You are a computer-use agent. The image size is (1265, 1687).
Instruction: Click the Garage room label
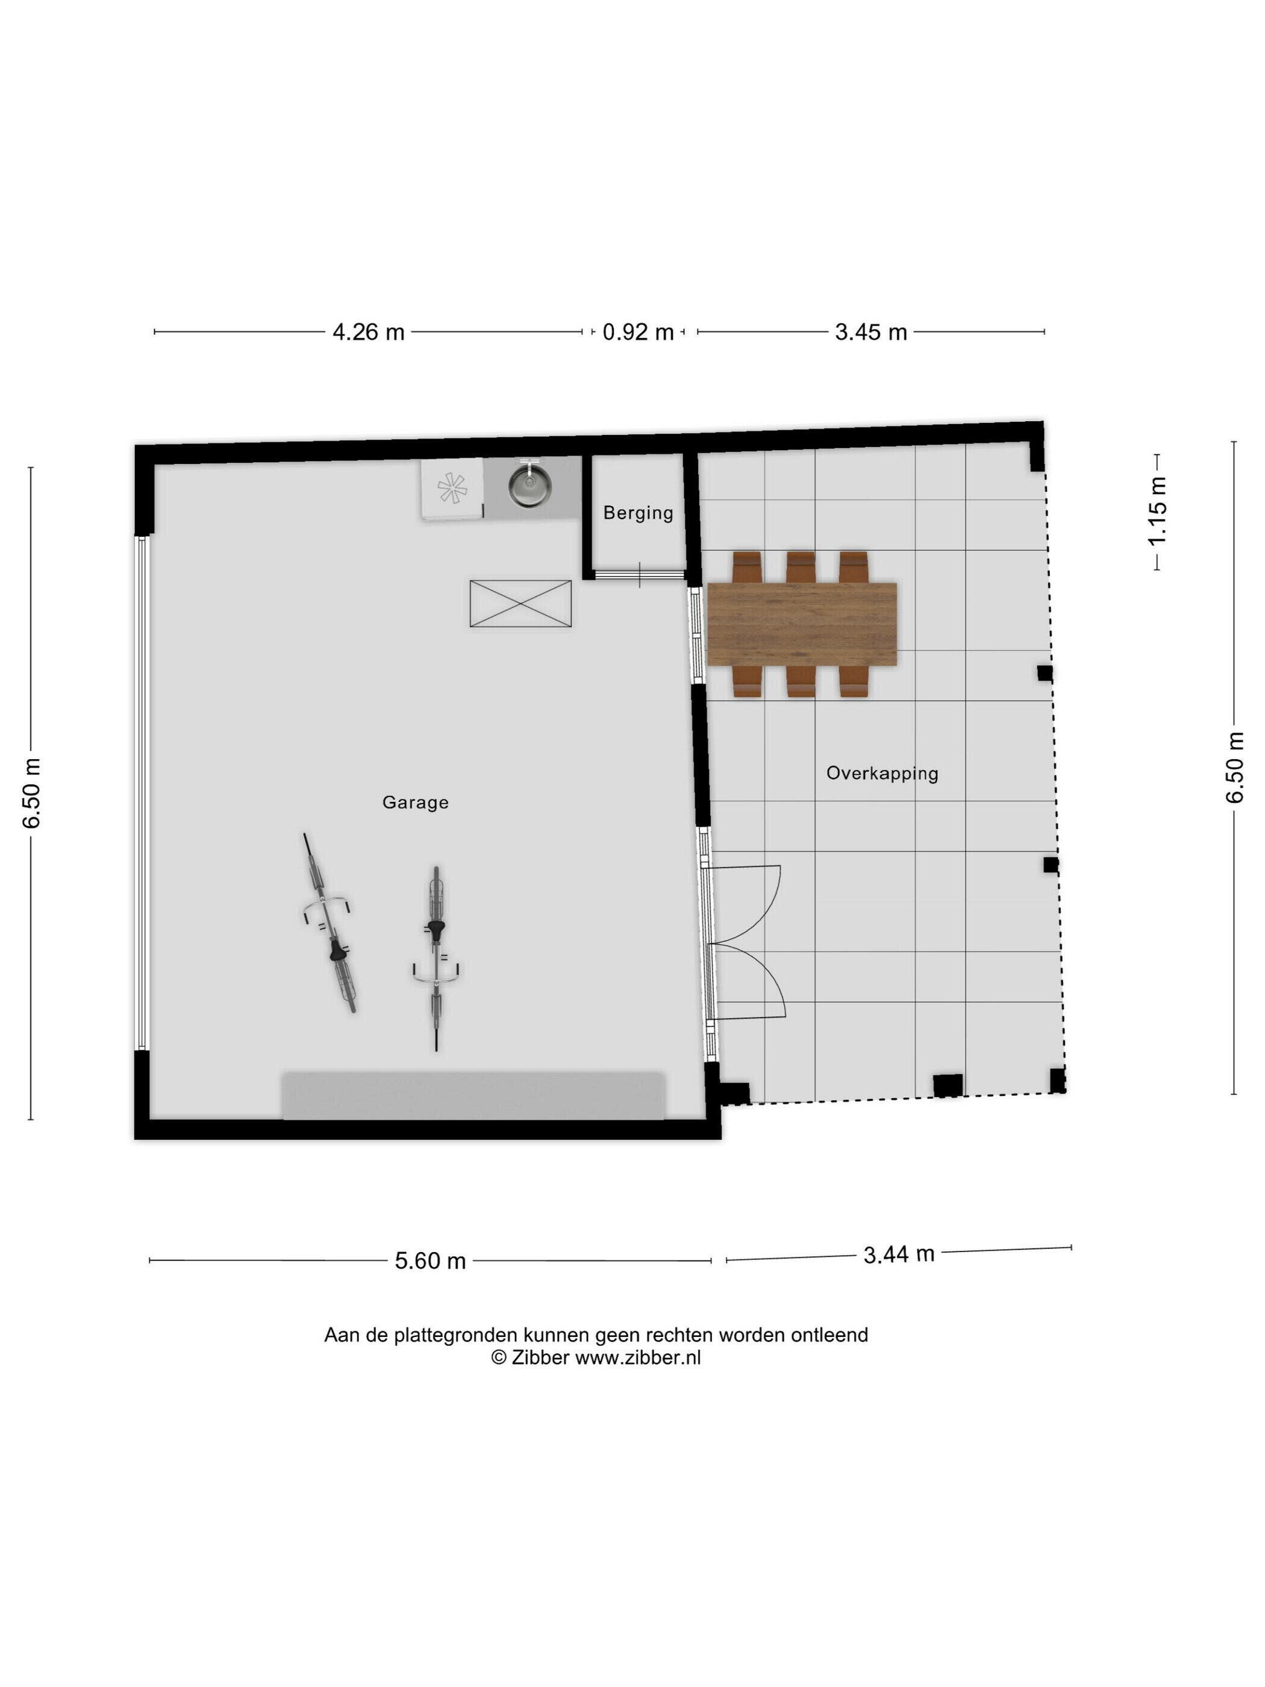click(x=415, y=803)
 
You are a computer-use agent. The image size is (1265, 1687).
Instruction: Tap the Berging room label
click(x=638, y=513)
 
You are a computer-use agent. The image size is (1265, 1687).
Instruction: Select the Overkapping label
click(x=882, y=774)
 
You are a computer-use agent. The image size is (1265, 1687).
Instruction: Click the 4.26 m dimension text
click(x=368, y=333)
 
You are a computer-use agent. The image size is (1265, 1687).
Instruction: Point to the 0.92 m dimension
click(x=638, y=333)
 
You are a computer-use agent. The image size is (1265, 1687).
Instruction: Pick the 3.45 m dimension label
click(x=871, y=333)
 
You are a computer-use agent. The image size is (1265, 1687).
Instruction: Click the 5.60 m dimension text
click(x=430, y=1260)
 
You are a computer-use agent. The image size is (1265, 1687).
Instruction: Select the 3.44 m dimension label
click(x=899, y=1254)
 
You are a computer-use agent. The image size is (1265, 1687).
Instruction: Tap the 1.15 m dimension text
click(x=1158, y=511)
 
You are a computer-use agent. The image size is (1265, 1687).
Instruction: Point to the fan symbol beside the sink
click(x=451, y=488)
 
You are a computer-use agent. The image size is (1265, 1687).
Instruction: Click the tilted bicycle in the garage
click(x=330, y=923)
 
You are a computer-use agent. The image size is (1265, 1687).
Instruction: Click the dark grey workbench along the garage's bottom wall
click(x=473, y=1096)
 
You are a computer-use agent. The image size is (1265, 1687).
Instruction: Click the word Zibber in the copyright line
click(x=540, y=1357)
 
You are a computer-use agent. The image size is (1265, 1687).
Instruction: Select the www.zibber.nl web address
click(x=637, y=1357)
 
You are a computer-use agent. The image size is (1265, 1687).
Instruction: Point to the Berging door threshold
click(x=639, y=574)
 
